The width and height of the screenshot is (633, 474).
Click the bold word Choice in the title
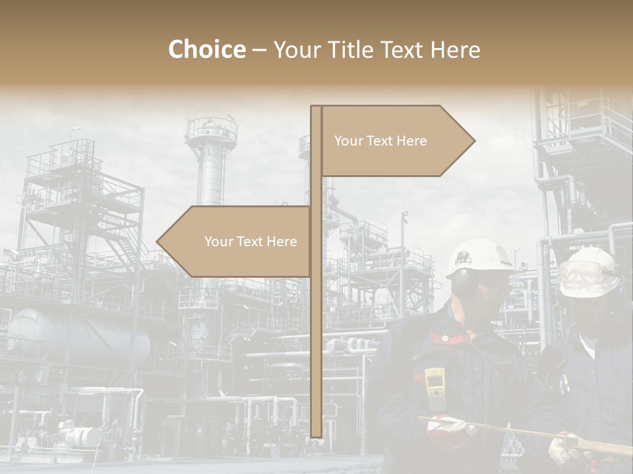tap(206, 49)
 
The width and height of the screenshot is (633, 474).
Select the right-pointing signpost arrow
tap(396, 140)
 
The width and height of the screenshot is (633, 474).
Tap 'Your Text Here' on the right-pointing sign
tap(380, 141)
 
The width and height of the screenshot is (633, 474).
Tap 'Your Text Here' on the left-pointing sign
tap(251, 242)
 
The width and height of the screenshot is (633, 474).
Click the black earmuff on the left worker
tap(462, 281)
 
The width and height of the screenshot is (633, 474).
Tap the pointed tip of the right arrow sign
tap(473, 140)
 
